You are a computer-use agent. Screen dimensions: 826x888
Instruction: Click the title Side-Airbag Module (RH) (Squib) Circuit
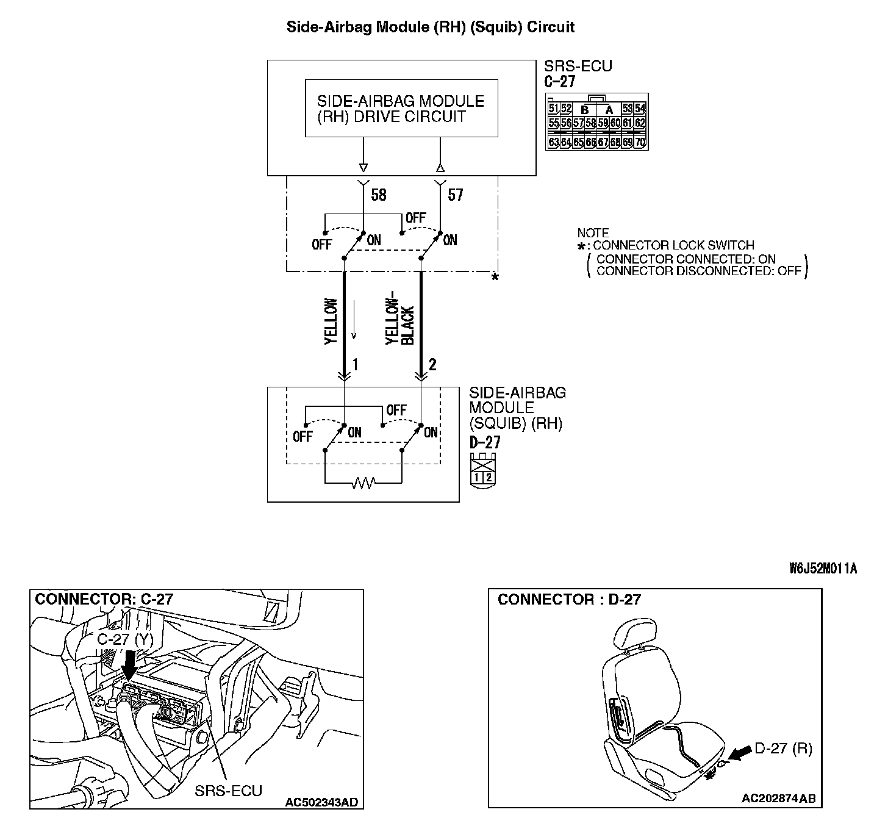click(431, 27)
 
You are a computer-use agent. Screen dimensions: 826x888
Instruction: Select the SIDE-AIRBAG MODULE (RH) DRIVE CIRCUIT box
click(401, 109)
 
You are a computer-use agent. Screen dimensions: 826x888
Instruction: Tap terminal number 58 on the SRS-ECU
click(379, 195)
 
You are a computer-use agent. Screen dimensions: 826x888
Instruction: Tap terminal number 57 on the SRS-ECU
click(456, 195)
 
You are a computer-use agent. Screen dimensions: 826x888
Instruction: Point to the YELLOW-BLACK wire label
click(400, 321)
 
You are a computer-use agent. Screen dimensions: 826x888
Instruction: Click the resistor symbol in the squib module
click(364, 483)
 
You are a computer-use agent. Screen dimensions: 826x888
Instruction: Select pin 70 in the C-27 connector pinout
click(640, 143)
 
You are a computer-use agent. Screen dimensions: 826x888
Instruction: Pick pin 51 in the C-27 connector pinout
click(553, 109)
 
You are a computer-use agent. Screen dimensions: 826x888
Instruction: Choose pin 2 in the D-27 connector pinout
click(489, 477)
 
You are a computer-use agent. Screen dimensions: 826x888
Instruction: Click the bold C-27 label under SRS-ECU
click(560, 81)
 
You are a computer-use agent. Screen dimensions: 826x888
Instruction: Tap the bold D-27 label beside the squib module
click(485, 442)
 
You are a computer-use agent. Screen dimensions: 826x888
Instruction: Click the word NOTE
click(593, 233)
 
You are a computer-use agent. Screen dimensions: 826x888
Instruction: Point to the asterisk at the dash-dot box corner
click(495, 278)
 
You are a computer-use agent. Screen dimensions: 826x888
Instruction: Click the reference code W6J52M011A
click(823, 569)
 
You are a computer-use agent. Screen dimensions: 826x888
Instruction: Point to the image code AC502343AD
click(321, 801)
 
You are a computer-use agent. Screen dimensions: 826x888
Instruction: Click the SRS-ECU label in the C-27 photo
click(229, 791)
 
